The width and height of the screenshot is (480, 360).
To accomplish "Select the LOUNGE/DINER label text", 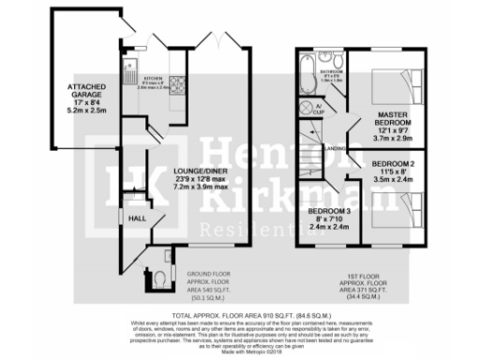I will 196,172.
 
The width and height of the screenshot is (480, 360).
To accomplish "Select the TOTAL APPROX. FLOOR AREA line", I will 239,316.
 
